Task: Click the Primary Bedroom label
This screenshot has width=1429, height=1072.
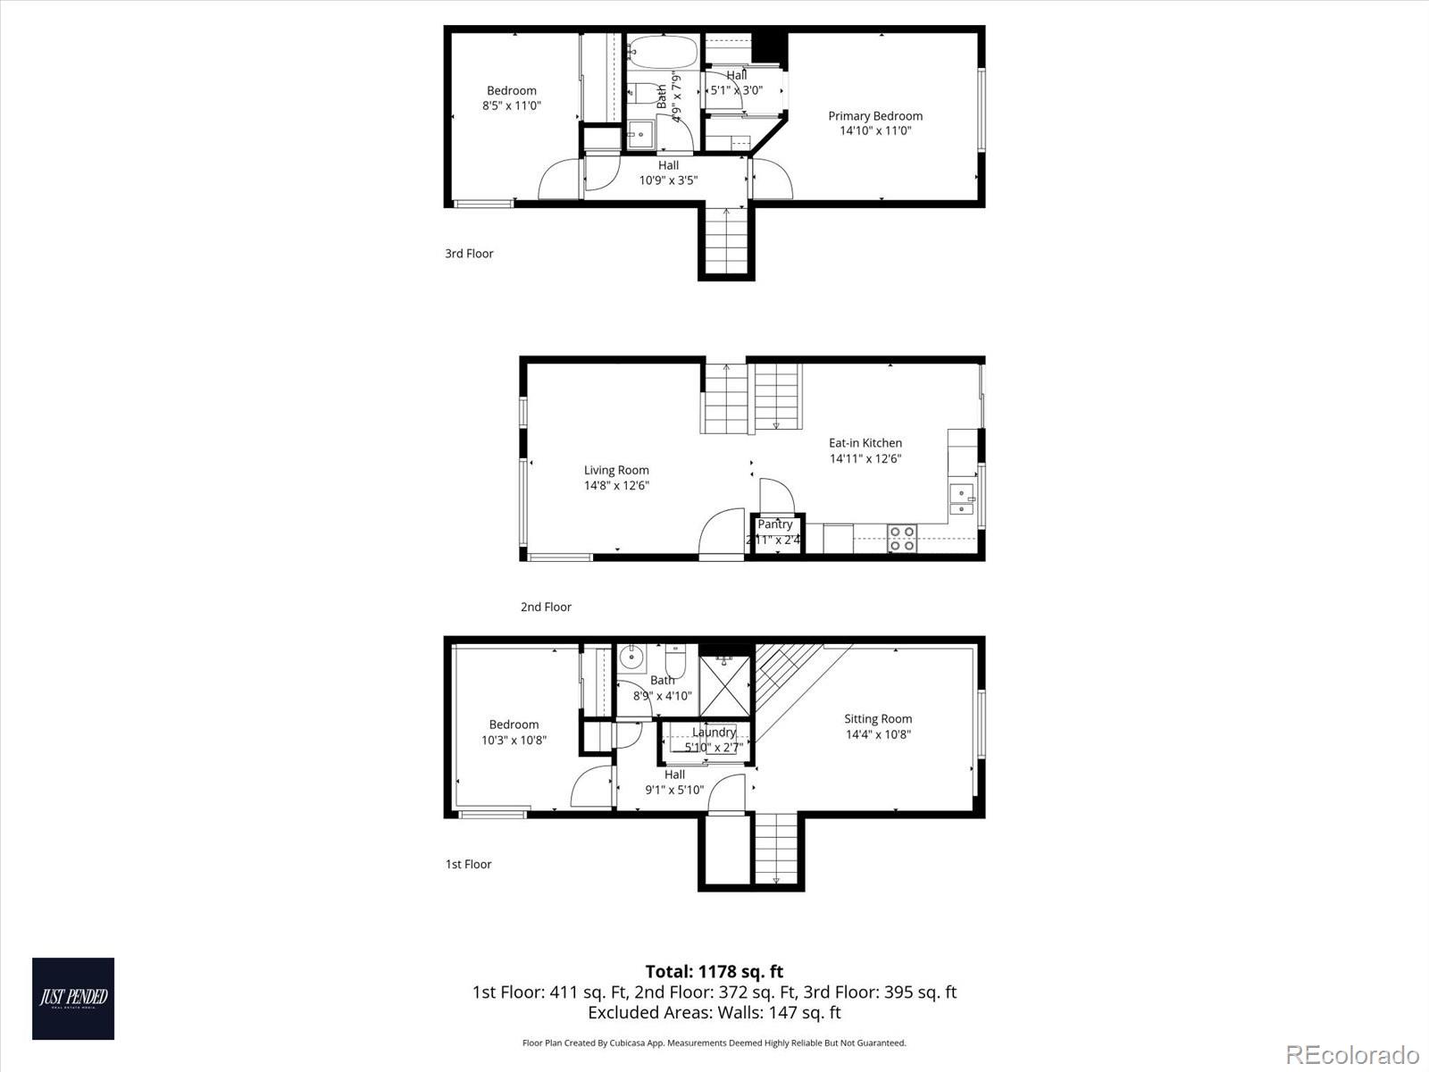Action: [874, 116]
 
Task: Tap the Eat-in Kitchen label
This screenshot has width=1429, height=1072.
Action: [865, 443]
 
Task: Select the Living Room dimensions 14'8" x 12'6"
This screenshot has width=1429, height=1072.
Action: [616, 486]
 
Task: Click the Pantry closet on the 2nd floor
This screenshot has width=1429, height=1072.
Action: [775, 533]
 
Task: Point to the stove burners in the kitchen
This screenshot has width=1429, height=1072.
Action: [901, 538]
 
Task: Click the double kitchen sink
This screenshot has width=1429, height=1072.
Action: [962, 500]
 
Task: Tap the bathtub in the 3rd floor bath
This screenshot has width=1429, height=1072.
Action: [661, 51]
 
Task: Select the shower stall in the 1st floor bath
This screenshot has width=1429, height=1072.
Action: [724, 685]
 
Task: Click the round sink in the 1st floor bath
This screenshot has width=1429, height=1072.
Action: [632, 658]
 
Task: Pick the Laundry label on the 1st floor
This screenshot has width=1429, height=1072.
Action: [714, 733]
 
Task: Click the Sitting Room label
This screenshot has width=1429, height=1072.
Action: [878, 719]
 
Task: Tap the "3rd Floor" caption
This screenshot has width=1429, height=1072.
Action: [469, 254]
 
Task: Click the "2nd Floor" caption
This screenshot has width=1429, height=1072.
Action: [546, 607]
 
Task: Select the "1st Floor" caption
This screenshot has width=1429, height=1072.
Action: [468, 865]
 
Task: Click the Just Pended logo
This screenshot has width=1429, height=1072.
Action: [73, 998]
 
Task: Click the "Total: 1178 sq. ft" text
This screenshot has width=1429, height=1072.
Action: [714, 972]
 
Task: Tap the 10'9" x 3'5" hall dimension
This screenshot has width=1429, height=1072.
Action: [668, 180]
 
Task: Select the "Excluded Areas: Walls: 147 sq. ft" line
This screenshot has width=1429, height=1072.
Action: [714, 1013]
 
